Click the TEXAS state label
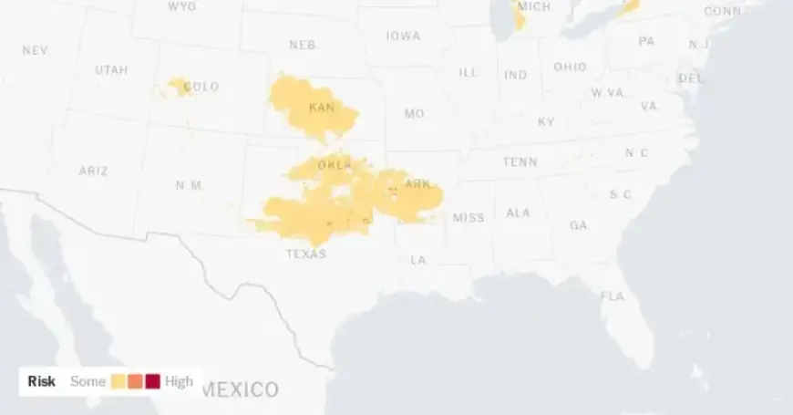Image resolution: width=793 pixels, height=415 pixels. (305, 254)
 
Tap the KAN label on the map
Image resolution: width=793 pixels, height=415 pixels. (322, 108)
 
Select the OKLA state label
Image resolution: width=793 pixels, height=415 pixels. (335, 165)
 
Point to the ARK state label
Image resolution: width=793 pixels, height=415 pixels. (417, 184)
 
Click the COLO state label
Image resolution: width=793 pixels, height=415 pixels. (201, 87)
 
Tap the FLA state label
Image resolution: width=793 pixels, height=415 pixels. (613, 296)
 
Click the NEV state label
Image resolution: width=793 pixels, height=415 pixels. (35, 50)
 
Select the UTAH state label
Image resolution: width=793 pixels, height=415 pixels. (111, 69)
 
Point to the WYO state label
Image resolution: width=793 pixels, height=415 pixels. (182, 6)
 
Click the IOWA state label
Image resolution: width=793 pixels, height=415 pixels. (403, 36)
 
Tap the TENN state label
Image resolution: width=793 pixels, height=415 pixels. (520, 162)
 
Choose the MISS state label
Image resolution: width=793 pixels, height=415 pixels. (469, 217)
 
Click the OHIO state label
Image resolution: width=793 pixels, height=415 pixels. (570, 67)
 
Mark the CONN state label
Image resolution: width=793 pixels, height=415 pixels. (723, 11)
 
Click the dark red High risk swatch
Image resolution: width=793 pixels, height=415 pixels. (153, 381)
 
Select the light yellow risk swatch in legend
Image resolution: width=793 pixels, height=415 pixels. (118, 381)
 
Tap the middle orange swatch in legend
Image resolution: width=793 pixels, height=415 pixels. (136, 381)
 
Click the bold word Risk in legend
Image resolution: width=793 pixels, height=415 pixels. (42, 381)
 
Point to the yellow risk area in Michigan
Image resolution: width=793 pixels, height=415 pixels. (520, 18)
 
